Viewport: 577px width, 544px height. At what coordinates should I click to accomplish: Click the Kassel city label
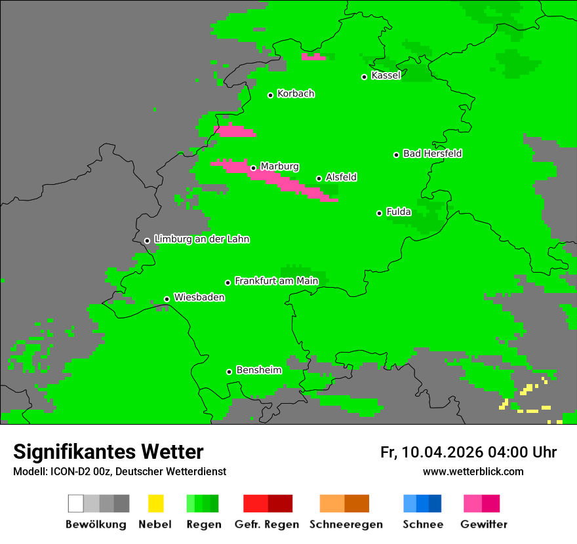[x=386, y=75]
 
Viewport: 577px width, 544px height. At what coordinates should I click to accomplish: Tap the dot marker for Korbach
[x=270, y=95]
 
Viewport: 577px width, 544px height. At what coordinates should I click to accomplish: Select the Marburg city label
[x=279, y=166]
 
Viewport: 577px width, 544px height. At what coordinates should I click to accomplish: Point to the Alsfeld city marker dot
[x=319, y=178]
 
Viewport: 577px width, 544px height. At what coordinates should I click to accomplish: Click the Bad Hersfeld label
[x=432, y=153]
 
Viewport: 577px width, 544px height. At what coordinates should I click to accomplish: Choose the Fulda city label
[x=399, y=212]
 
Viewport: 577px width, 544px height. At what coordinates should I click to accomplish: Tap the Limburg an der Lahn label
[x=201, y=239]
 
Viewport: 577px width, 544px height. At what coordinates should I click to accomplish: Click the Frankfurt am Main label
[x=276, y=281]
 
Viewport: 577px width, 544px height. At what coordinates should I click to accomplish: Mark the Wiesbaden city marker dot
[x=167, y=300]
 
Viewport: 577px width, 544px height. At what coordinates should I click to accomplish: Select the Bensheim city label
[x=258, y=370]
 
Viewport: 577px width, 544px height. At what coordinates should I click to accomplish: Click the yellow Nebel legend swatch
[x=155, y=503]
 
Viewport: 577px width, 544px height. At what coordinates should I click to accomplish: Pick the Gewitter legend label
[x=484, y=524]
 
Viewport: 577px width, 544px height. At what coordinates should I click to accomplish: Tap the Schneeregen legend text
[x=346, y=524]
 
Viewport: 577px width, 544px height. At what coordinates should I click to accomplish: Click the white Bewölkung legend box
[x=76, y=503]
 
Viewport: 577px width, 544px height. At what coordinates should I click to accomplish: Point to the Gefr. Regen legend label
[x=267, y=524]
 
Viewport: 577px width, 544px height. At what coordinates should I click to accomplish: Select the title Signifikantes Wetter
[x=108, y=452]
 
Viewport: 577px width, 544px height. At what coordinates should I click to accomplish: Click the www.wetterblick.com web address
[x=473, y=471]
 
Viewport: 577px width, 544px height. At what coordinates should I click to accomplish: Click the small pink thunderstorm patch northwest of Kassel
[x=313, y=57]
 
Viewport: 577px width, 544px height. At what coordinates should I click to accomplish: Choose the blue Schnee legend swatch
[x=422, y=503]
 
